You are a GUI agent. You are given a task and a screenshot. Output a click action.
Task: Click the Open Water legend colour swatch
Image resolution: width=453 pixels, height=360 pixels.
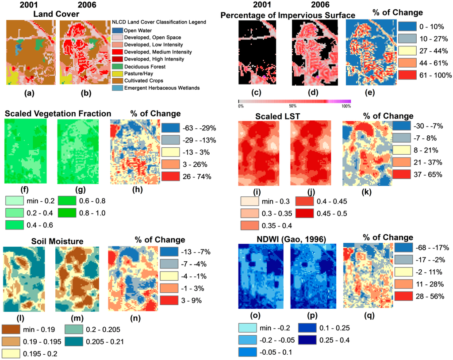117,31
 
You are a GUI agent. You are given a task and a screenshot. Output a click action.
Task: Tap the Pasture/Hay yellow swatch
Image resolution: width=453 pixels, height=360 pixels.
117,73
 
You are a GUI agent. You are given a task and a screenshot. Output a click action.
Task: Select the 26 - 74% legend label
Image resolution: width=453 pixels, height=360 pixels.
178,179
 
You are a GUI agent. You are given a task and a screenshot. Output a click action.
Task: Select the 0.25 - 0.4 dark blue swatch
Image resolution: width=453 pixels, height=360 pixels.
307,341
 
